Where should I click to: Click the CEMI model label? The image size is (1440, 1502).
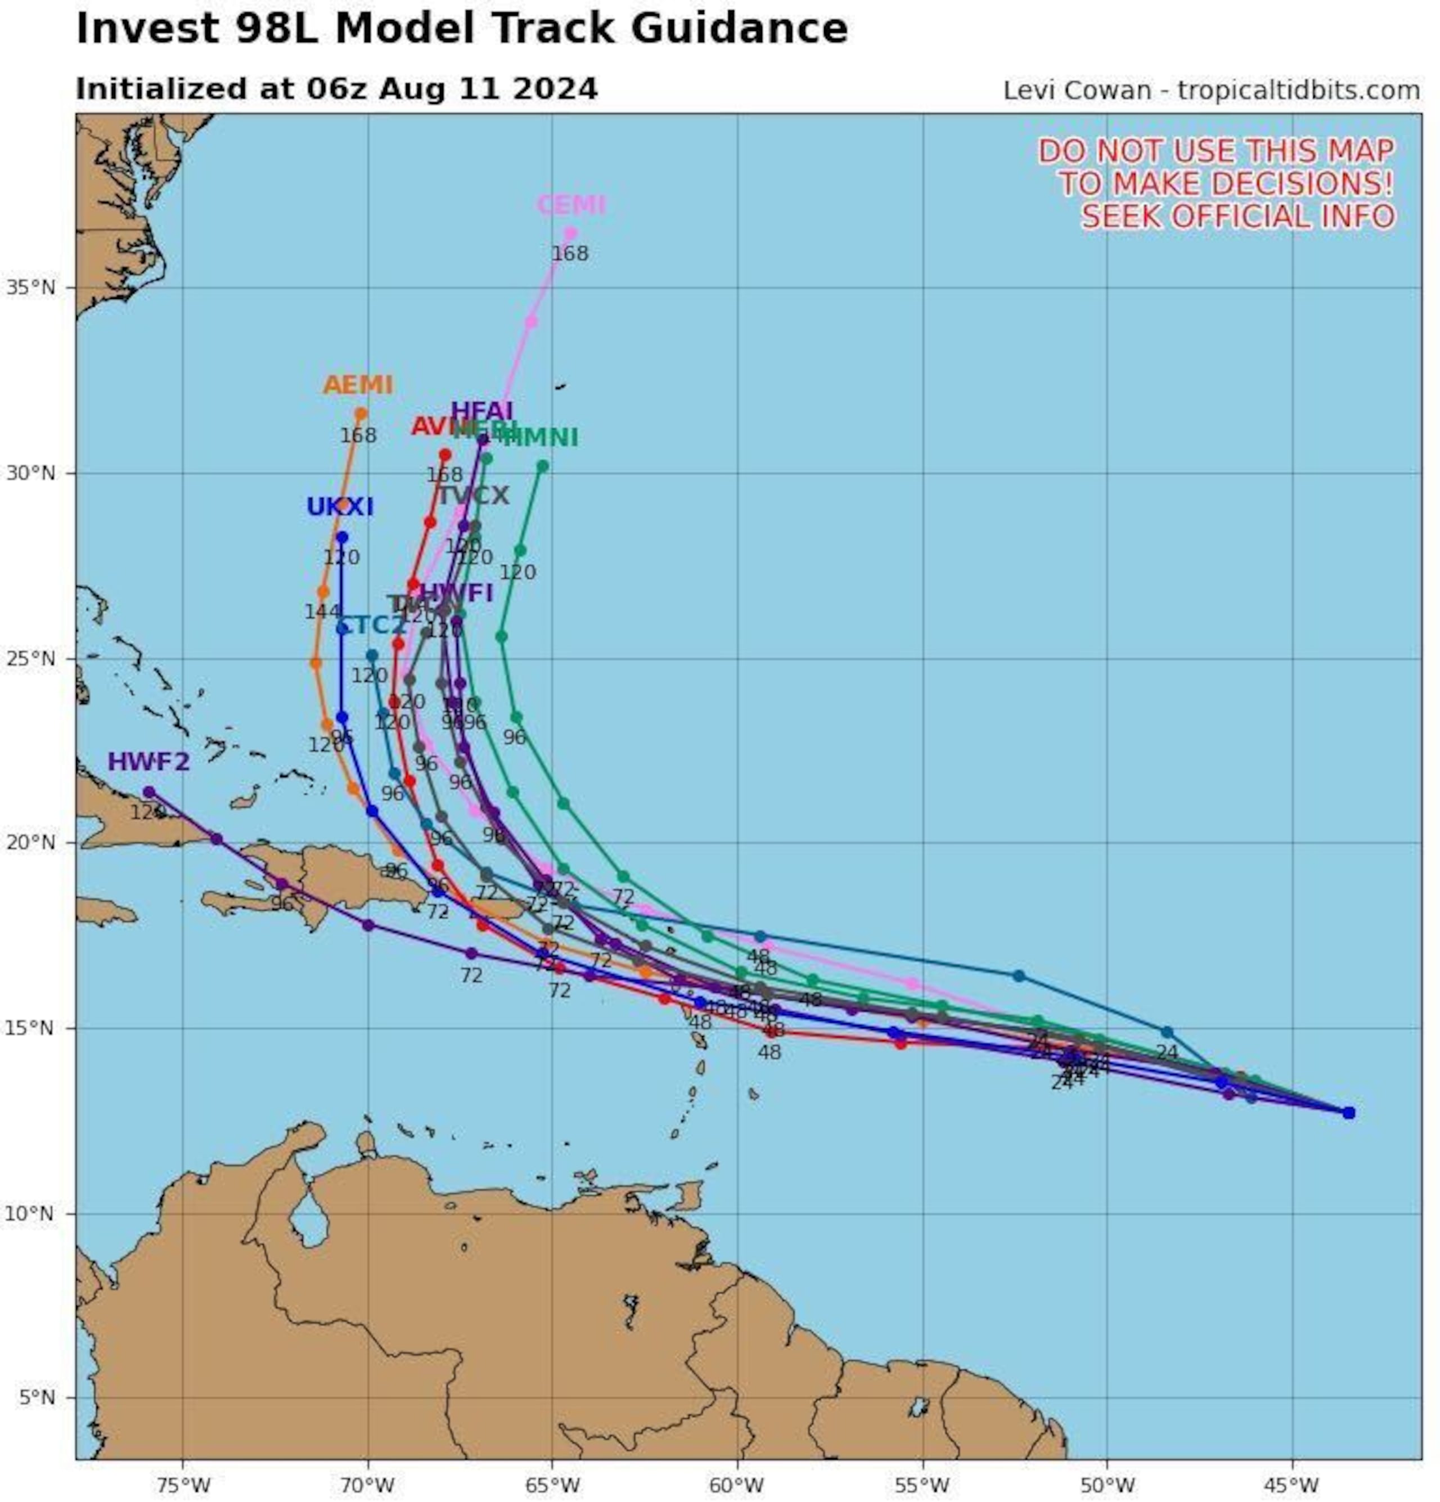pyautogui.click(x=570, y=205)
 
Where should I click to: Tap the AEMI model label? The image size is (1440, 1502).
pyautogui.click(x=358, y=385)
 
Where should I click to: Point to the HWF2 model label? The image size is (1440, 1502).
pyautogui.click(x=148, y=762)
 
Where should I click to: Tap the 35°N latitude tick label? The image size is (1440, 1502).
pyautogui.click(x=30, y=288)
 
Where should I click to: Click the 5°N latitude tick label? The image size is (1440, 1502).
pyautogui.click(x=36, y=1397)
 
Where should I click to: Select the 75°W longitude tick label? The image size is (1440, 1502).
pyautogui.click(x=184, y=1485)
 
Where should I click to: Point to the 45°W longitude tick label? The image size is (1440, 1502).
pyautogui.click(x=1292, y=1485)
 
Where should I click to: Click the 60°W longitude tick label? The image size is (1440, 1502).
pyautogui.click(x=737, y=1485)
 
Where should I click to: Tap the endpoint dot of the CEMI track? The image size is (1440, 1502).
pyautogui.click(x=570, y=233)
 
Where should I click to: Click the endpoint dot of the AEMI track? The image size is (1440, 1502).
pyautogui.click(x=361, y=414)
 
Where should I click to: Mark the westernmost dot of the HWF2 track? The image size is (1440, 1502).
pyautogui.click(x=148, y=792)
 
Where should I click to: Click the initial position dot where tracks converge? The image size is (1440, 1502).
pyautogui.click(x=1348, y=1112)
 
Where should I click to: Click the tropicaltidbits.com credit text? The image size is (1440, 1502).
pyautogui.click(x=1298, y=91)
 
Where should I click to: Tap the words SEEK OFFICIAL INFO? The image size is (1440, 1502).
pyautogui.click(x=1237, y=216)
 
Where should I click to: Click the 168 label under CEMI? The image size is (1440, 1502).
pyautogui.click(x=570, y=254)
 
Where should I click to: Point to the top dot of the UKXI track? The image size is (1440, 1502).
pyautogui.click(x=342, y=537)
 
